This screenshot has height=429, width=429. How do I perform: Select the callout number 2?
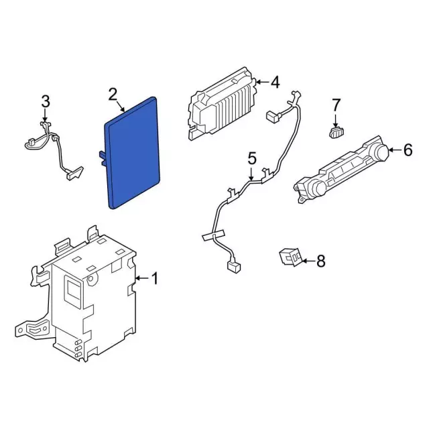click(113, 95)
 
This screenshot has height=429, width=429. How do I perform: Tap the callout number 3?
click(46, 102)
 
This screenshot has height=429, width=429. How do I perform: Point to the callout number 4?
click(274, 82)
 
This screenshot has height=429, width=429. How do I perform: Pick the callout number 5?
click(252, 159)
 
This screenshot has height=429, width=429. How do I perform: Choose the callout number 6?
click(408, 150)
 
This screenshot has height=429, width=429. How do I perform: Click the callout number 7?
click(336, 105)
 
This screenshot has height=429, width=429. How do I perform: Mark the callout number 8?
click(320, 261)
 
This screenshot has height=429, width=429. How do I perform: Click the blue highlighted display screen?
click(132, 153)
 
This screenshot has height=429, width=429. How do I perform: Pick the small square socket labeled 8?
click(290, 257)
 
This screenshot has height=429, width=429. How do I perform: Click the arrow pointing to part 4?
click(262, 82)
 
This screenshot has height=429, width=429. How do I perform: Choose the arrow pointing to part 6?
click(395, 150)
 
